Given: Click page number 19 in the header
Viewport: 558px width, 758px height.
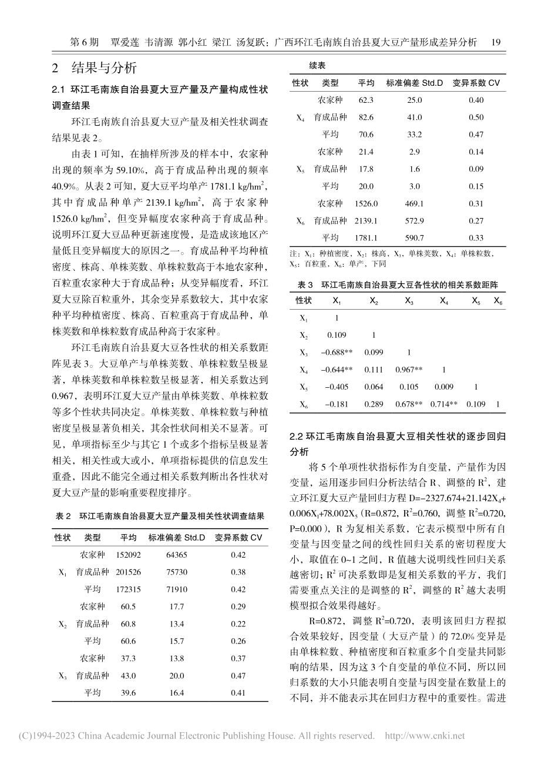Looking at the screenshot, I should tap(495, 42).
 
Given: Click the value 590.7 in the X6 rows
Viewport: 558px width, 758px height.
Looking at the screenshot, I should tap(415, 237).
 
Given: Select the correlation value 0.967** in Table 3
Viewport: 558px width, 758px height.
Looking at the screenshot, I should tap(410, 370).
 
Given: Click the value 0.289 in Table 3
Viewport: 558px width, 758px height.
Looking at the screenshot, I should tap(374, 404).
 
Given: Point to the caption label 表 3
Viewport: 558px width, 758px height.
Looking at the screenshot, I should tap(305, 284).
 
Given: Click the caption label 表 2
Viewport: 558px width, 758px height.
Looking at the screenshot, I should tap(63, 516).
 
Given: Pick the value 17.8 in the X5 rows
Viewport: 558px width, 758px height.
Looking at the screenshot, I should tap(366, 169).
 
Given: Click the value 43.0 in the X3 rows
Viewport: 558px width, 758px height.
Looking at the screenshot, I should tap(128, 676).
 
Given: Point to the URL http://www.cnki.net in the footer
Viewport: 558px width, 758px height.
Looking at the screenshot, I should tap(423, 736).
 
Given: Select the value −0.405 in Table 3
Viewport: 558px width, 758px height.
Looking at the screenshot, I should tap(337, 387).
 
